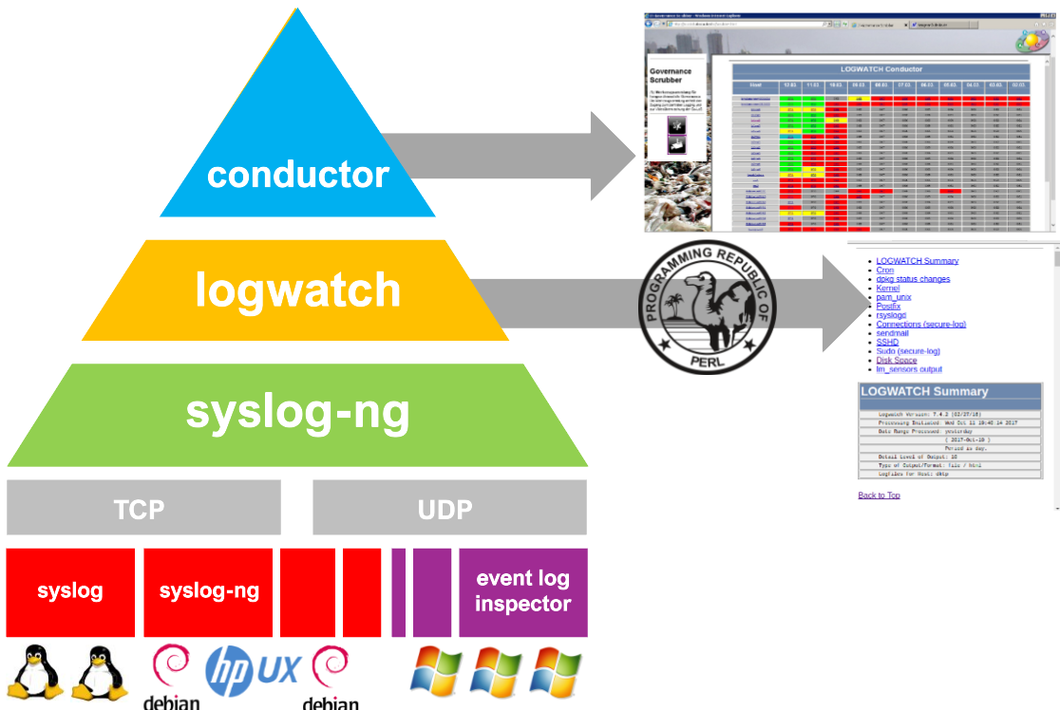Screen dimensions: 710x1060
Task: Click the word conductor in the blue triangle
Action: click(298, 175)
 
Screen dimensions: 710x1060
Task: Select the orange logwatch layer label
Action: click(298, 290)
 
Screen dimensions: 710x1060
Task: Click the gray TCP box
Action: click(143, 508)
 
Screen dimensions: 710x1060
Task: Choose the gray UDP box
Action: click(449, 508)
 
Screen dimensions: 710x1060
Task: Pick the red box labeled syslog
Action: click(70, 591)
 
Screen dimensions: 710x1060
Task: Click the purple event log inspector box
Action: click(523, 591)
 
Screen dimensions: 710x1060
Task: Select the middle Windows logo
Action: click(497, 671)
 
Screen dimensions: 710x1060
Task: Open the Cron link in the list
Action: click(884, 271)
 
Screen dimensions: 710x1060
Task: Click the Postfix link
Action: click(888, 307)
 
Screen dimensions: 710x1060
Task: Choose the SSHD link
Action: click(887, 342)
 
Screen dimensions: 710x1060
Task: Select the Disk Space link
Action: click(896, 360)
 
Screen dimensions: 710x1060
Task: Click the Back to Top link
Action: click(879, 495)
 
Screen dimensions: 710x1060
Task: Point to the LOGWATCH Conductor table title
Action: click(880, 69)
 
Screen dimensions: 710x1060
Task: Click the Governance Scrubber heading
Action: click(671, 76)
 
